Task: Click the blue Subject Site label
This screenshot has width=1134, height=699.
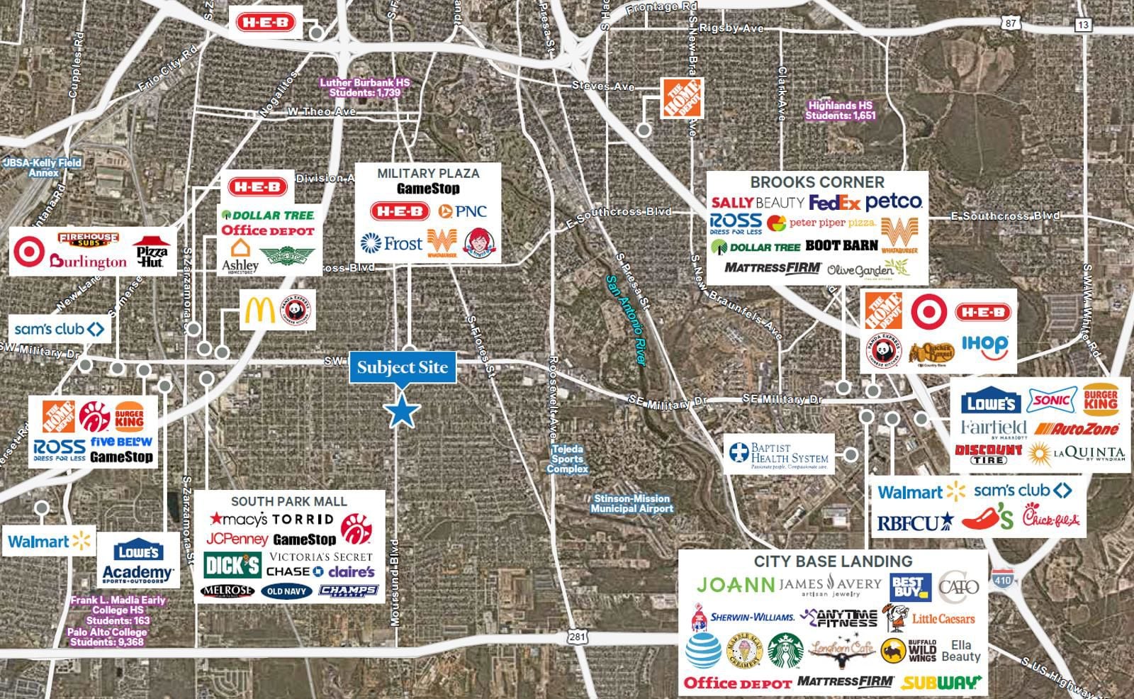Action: coord(402,367)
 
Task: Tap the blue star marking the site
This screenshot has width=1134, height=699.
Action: coord(402,411)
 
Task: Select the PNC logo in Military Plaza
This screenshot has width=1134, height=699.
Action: coord(462,211)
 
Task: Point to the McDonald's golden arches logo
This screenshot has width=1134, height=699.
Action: coord(259,311)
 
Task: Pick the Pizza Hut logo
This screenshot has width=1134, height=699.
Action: coord(152,252)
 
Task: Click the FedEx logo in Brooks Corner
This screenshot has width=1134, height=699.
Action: coord(834,203)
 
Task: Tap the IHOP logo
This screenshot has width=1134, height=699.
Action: coord(984,347)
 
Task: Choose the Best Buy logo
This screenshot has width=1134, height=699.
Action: coord(907,586)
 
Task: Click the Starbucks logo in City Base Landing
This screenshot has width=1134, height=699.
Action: coord(785,651)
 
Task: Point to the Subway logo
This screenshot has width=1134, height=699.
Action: coord(941,683)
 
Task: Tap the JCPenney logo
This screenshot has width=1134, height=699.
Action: coord(237,539)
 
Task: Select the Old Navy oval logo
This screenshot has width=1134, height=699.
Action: coord(286,591)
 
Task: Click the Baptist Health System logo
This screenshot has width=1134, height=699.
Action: coord(780,454)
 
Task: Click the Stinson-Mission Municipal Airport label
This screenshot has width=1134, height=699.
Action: coord(631,503)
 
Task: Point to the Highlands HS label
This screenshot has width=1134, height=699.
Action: coord(841,111)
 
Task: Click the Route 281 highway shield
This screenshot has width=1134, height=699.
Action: coord(578,637)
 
